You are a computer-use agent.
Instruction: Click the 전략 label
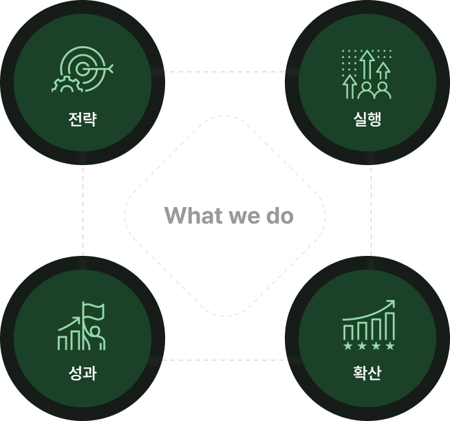83,119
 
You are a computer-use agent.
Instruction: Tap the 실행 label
367,119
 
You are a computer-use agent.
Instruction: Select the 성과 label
83,373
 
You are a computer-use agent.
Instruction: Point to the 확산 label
367,373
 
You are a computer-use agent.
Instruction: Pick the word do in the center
280,215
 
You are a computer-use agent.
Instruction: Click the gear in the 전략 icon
67,85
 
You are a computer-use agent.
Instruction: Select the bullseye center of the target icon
83,68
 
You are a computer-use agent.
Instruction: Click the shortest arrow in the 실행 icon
350,87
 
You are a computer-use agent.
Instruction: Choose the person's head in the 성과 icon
95,330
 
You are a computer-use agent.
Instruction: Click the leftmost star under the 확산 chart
348,346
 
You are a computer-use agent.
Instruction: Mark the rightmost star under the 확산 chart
390,346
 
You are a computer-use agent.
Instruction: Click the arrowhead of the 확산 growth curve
391,303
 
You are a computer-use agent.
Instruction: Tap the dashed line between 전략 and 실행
224,72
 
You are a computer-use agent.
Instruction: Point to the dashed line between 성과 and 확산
224,360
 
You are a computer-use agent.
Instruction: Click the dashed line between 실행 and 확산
371,210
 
